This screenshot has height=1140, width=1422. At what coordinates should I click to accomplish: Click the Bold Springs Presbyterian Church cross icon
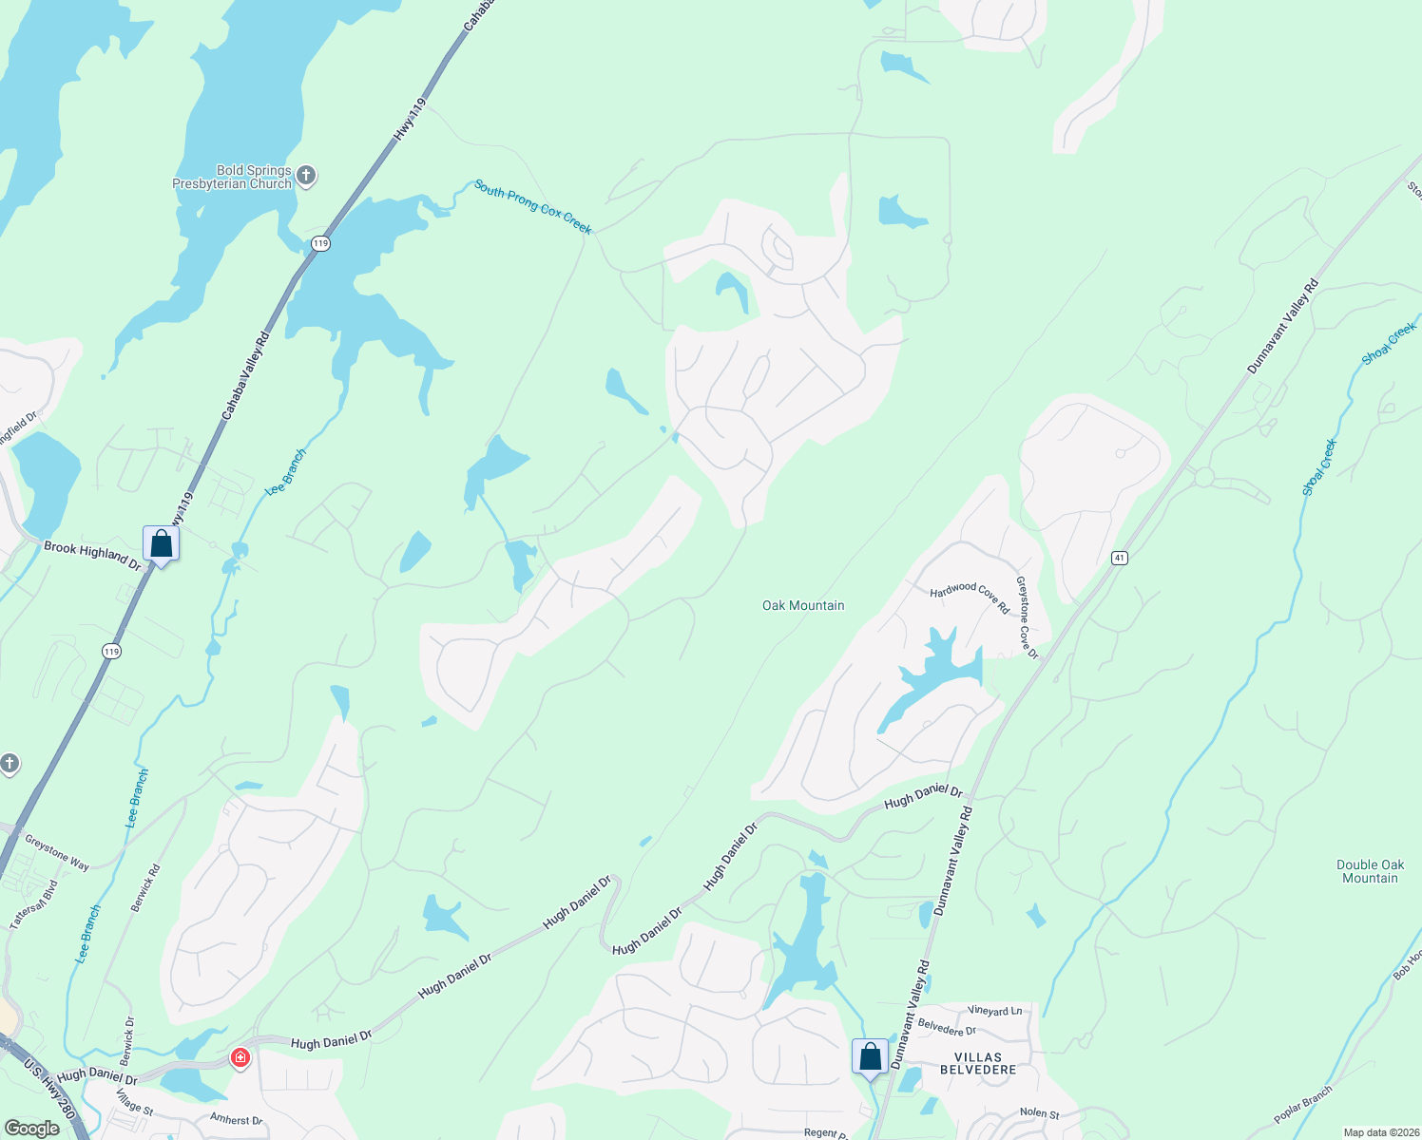tap(305, 175)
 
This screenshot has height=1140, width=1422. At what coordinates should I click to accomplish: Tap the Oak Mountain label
tap(803, 605)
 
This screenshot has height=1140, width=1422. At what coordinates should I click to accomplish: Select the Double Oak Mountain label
tap(1370, 871)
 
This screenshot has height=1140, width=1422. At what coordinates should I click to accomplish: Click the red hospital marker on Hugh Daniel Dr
tap(240, 1057)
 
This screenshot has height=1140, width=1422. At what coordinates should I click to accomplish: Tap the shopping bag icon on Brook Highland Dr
tap(161, 545)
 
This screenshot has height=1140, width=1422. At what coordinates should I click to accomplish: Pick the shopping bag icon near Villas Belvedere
tap(870, 1056)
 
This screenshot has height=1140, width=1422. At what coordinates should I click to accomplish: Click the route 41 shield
tap(1120, 558)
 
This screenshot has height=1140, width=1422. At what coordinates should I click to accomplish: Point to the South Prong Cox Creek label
tap(532, 207)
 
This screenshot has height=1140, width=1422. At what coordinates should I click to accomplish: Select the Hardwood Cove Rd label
tap(970, 598)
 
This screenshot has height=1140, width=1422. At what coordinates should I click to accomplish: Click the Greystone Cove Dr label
tap(1027, 617)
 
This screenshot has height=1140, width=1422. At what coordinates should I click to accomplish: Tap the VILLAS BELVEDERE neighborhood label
tap(978, 1063)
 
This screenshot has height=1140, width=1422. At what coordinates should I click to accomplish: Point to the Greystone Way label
tap(57, 852)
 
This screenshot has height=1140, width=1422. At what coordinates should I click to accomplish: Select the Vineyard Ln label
tap(995, 1011)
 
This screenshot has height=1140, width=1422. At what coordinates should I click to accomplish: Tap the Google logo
tap(32, 1129)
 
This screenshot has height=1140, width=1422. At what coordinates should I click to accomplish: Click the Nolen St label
tap(1039, 1112)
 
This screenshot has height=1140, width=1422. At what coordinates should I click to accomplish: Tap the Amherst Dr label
tap(236, 1120)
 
